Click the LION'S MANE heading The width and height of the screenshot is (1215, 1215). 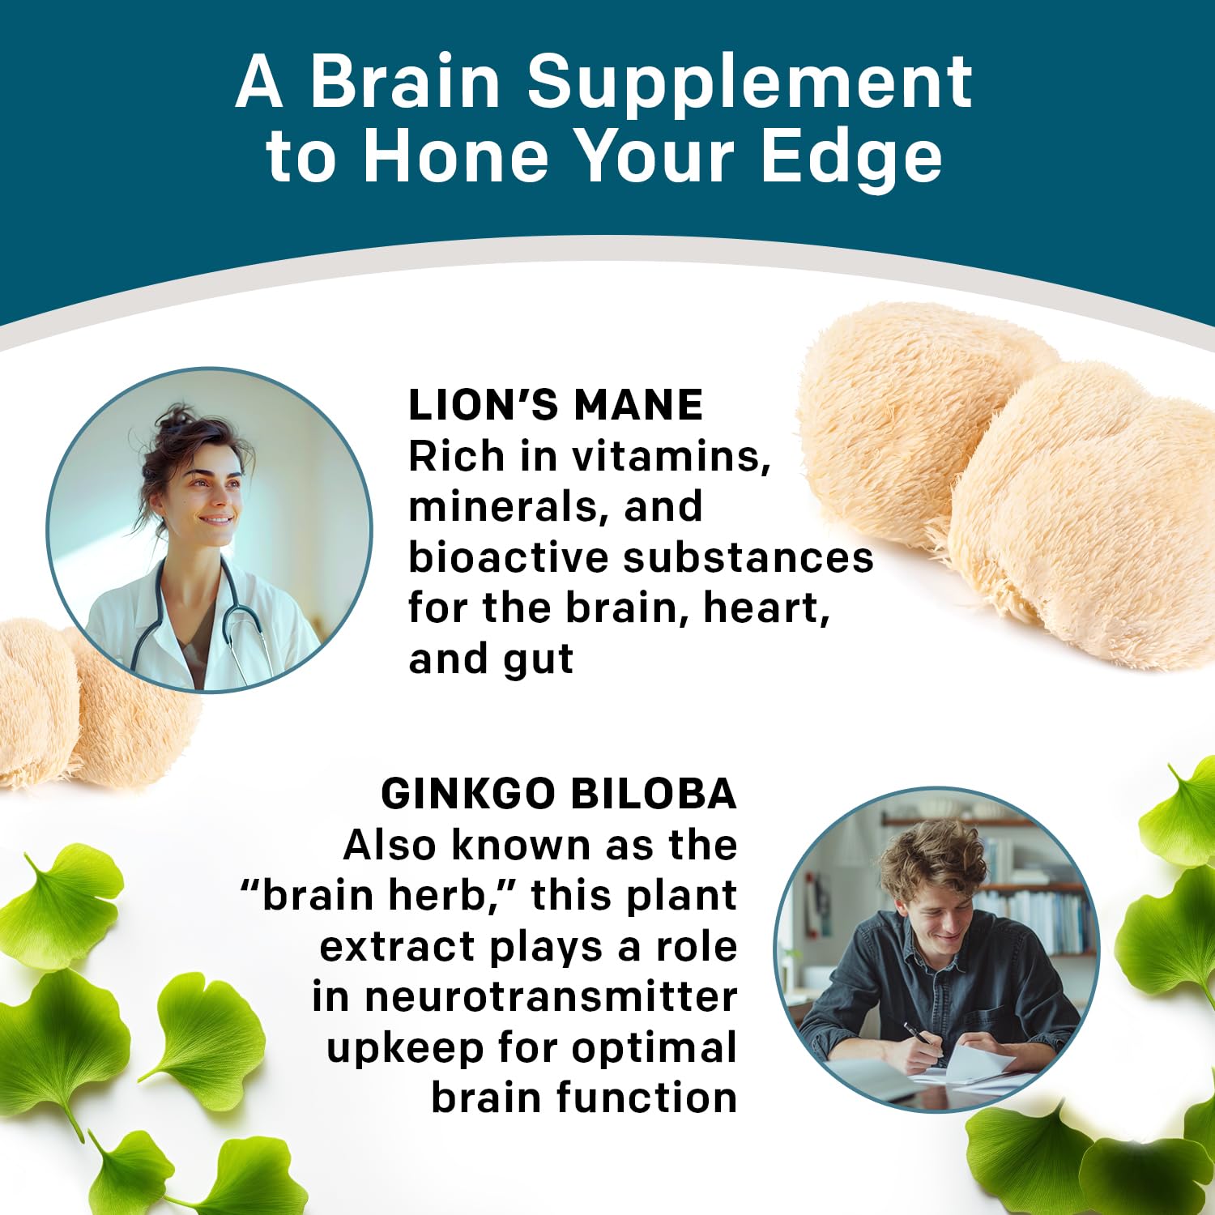[555, 405]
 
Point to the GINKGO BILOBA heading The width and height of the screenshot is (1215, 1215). [559, 794]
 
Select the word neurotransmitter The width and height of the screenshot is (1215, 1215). [551, 997]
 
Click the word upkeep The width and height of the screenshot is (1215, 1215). [405, 1049]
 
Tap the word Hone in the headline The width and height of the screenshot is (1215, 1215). [456, 158]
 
